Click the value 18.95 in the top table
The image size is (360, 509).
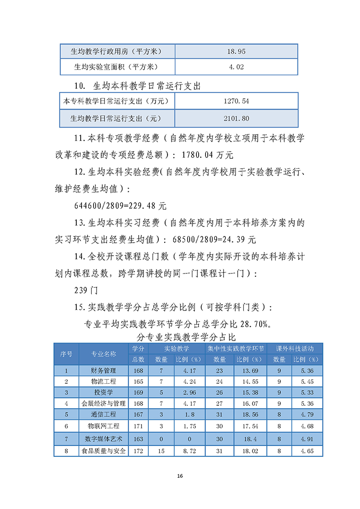click(x=236, y=52)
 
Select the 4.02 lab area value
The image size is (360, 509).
click(x=236, y=67)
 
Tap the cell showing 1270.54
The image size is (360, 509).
click(x=236, y=101)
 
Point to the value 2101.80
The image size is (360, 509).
click(x=236, y=118)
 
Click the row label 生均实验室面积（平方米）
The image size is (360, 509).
click(x=118, y=67)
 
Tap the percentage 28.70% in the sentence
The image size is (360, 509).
click(x=259, y=324)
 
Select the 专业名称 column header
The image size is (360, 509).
click(x=104, y=354)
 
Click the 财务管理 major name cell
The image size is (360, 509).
click(x=104, y=370)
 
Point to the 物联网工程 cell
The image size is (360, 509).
click(x=104, y=426)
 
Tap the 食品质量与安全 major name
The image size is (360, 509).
click(x=104, y=450)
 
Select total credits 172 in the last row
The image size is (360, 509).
click(x=138, y=450)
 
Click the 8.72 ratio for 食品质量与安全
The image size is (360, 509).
click(x=189, y=450)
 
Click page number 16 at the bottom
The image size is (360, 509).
click(x=180, y=476)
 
